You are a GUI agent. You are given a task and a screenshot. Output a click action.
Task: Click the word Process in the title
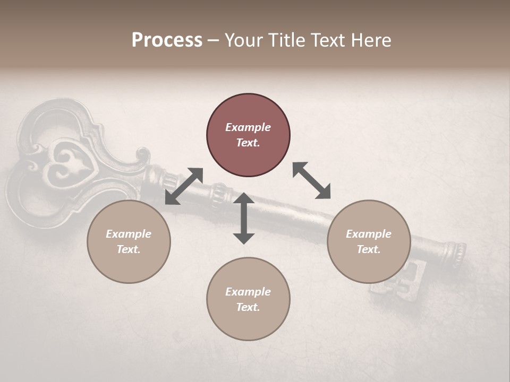pos(167,40)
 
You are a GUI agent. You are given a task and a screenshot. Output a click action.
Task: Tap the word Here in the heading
pos(369,40)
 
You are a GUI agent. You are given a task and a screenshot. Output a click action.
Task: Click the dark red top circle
pos(248,135)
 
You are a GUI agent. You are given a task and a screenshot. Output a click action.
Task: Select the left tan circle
pos(129,242)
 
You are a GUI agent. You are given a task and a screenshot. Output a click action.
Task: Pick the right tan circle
pos(369,242)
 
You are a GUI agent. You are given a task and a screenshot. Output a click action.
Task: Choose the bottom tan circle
pos(248,299)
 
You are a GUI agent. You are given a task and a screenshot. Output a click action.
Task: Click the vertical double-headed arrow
pos(244,218)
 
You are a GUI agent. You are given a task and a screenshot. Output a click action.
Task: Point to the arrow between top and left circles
pos(184,186)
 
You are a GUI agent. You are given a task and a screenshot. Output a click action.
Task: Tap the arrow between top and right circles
pos(312,180)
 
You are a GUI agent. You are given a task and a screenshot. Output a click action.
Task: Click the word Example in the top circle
pos(248,127)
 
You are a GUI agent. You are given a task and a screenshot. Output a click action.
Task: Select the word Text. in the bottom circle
pos(248,307)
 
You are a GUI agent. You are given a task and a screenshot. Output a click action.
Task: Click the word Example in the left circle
pos(129,234)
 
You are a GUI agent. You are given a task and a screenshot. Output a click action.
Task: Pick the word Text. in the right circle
pos(369,249)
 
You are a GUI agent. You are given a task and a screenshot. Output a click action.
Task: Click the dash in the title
pos(213,40)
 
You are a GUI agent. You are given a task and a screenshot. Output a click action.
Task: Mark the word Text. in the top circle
pos(248,143)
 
